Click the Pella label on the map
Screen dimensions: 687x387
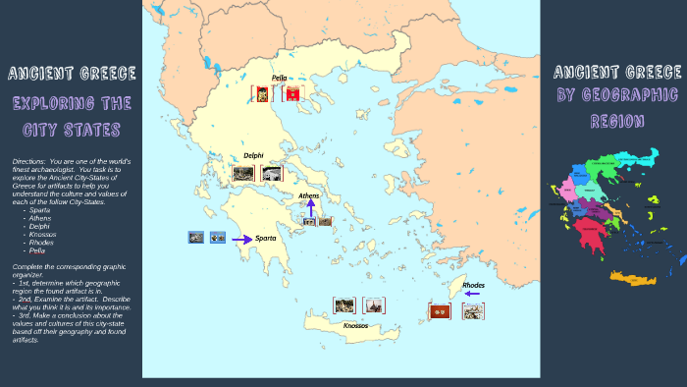click(x=279, y=78)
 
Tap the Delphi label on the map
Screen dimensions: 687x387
click(x=253, y=155)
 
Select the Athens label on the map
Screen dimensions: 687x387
click(x=309, y=196)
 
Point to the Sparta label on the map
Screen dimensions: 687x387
click(x=265, y=239)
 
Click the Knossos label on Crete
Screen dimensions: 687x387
click(x=355, y=325)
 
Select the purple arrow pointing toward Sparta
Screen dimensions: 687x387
click(x=241, y=238)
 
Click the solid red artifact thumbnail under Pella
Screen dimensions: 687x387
click(x=292, y=94)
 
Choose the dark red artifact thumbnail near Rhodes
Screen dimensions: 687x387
click(x=440, y=311)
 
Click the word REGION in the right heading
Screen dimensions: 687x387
click(x=617, y=122)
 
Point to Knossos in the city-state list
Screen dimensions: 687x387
click(x=43, y=234)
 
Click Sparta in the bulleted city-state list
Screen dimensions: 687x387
click(x=40, y=210)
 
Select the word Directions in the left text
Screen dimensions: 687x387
click(x=28, y=160)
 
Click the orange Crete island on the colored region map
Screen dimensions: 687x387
click(x=632, y=277)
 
